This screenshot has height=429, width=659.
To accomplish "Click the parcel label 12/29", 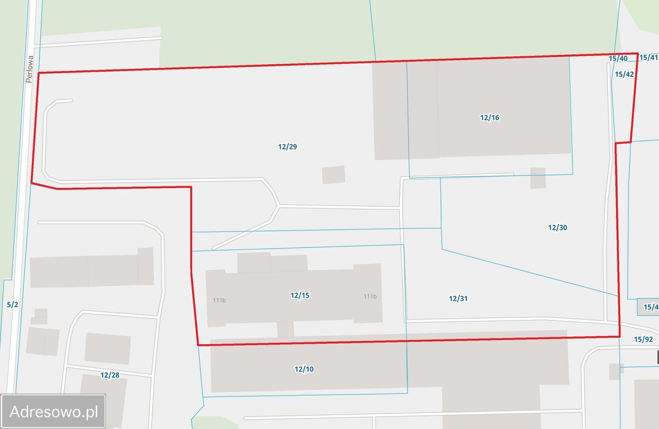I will pos(287,147).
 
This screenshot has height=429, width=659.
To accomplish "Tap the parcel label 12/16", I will pos(490,118).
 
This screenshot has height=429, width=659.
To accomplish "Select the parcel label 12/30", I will pos(558,227).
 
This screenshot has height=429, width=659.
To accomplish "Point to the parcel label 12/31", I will pos(458,298).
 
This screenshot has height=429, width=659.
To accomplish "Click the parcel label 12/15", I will pos(300,295).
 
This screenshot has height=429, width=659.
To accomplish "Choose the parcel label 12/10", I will pos(304,369).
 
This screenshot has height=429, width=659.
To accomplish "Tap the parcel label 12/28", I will pos(110,375).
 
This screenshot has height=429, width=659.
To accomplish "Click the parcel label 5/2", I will pos(12,305).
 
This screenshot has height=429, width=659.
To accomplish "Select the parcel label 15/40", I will pos(618,59).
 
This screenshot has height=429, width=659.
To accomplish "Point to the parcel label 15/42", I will pos(624,74).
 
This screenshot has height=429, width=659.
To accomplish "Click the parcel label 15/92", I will pos(643,339).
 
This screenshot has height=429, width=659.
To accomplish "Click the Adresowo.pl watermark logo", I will pos(54,412).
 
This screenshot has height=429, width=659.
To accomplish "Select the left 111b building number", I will pos(219,300).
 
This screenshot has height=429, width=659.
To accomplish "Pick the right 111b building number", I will pos(370,296).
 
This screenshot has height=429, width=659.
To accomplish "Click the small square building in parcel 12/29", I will pos(334,175).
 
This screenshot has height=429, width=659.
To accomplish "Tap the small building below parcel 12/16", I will pos(538,178).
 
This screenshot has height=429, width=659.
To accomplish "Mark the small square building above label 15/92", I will pos(616,371).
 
